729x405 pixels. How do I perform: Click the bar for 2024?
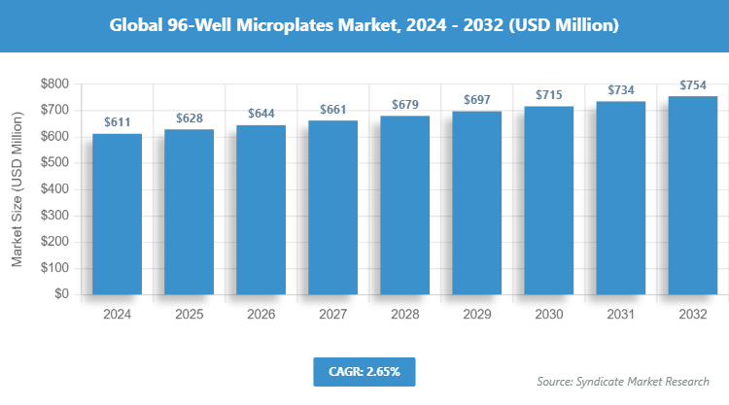117,214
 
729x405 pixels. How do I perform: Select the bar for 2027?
332,207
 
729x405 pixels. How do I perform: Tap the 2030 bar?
548,200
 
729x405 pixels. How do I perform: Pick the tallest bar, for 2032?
692,194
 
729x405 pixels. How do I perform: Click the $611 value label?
117,122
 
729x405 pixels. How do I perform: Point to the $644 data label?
260,114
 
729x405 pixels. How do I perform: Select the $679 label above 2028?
404,104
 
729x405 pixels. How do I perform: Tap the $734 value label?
620,89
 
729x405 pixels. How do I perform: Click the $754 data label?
692,84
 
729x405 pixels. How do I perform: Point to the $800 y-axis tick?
53,84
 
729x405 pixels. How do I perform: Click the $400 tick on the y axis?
53,189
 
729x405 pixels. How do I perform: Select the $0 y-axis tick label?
60,294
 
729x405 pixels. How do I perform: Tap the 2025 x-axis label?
189,315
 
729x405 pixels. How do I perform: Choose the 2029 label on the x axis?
476,315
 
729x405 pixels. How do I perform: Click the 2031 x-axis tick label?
620,315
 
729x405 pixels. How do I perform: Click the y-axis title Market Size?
17,189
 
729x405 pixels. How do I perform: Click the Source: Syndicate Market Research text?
623,381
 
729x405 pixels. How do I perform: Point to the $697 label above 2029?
476,99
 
